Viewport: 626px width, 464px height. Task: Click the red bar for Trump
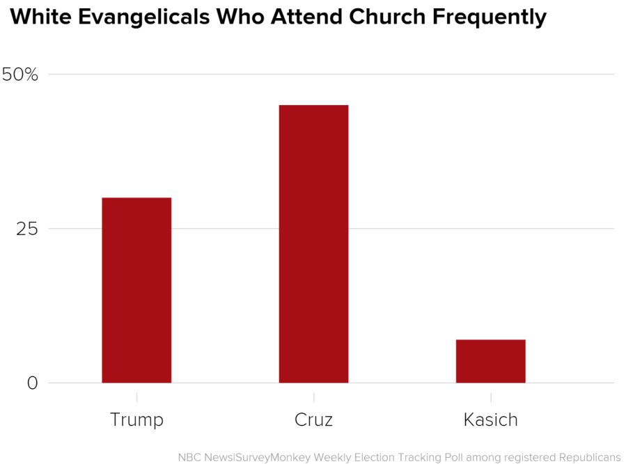click(x=136, y=290)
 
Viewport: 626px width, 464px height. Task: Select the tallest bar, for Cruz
click(x=313, y=243)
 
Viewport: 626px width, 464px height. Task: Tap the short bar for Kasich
click(x=490, y=361)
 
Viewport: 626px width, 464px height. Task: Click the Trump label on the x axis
click(x=136, y=420)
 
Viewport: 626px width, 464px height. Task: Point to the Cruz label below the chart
click(x=313, y=420)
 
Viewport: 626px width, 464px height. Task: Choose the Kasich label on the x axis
click(x=490, y=420)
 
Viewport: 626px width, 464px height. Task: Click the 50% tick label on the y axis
click(x=20, y=74)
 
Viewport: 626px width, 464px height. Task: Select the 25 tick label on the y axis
click(x=26, y=229)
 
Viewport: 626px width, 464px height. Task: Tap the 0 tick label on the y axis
click(x=33, y=383)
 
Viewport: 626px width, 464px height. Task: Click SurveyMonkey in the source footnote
click(x=273, y=457)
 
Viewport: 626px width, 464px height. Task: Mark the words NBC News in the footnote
click(x=205, y=457)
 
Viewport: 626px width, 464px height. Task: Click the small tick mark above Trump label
click(x=136, y=397)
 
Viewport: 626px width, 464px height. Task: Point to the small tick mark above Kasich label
click(x=490, y=397)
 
